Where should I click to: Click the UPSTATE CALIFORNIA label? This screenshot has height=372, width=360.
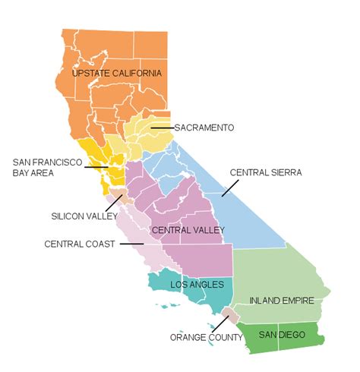(x=116, y=73)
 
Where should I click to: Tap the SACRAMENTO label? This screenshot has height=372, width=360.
(x=204, y=127)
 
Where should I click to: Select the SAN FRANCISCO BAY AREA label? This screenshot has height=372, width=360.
(x=43, y=166)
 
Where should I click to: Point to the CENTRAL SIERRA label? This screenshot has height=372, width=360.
(x=266, y=172)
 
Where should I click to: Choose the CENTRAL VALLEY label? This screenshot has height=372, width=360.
(x=186, y=229)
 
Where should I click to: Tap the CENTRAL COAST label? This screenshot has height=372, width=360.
(x=79, y=244)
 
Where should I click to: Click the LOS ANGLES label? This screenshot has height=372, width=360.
(x=199, y=285)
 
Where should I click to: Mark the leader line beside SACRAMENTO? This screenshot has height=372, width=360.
(x=162, y=127)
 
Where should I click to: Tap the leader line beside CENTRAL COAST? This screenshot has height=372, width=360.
(x=131, y=244)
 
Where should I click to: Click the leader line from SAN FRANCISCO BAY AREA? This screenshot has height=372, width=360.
(x=95, y=166)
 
